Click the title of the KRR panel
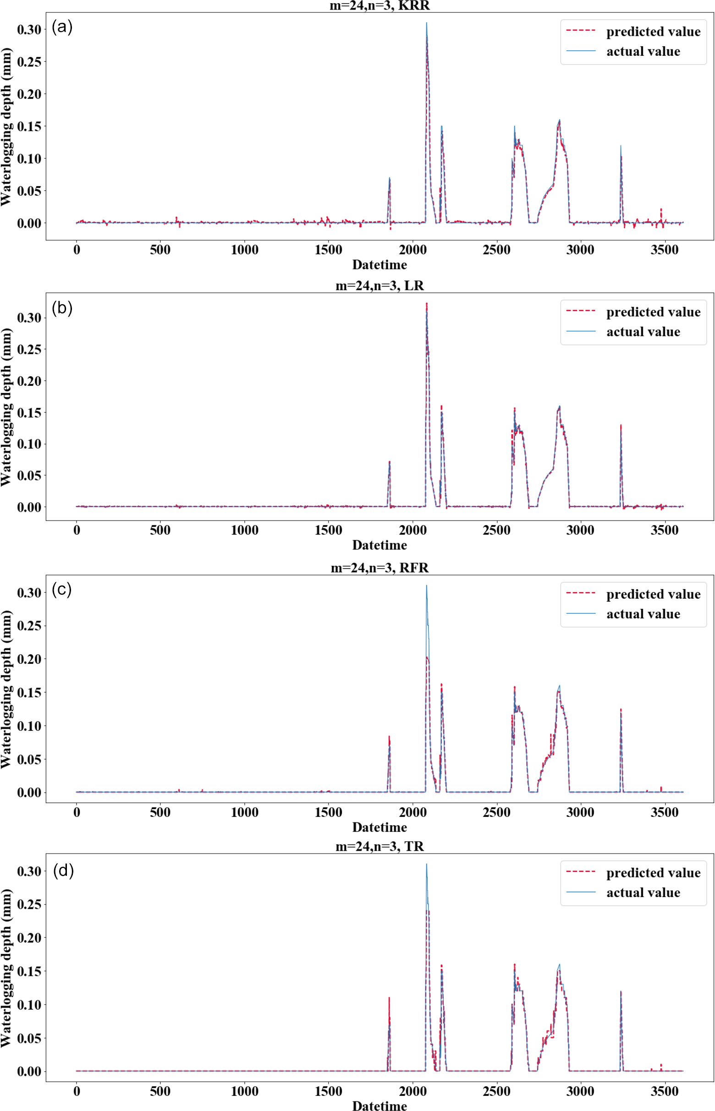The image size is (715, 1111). [379, 5]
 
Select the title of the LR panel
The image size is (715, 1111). [379, 285]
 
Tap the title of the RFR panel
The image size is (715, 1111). [379, 568]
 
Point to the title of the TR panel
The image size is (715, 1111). [379, 846]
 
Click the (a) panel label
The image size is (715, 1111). [62, 27]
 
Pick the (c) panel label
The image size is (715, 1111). [62, 589]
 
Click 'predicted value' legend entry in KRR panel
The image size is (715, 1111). [653, 32]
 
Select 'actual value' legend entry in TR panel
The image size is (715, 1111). [643, 892]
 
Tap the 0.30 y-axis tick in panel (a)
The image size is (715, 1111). [29, 29]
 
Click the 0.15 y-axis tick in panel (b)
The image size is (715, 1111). [29, 413]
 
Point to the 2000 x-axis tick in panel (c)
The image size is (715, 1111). [412, 812]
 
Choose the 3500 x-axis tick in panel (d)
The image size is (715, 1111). [665, 1090]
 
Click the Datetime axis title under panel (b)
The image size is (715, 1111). [379, 545]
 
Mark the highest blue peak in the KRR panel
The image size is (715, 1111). [426, 23]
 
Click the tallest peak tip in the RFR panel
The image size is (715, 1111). [426, 586]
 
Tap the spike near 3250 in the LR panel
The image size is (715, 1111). [621, 425]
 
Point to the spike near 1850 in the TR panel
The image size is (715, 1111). [389, 998]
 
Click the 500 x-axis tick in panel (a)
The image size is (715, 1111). [160, 250]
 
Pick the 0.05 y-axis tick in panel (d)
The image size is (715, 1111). [29, 1038]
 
